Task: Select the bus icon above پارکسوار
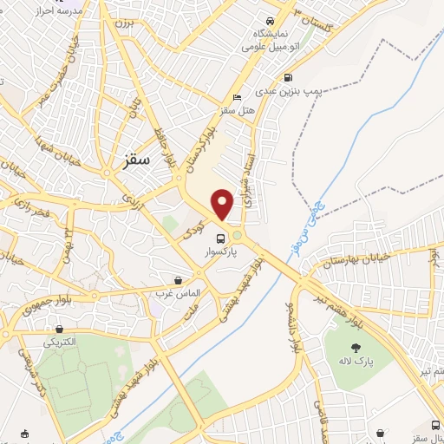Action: point(220,238)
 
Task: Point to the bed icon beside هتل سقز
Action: point(238,97)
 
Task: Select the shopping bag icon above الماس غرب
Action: point(179,280)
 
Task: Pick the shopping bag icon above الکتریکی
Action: point(59,329)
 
